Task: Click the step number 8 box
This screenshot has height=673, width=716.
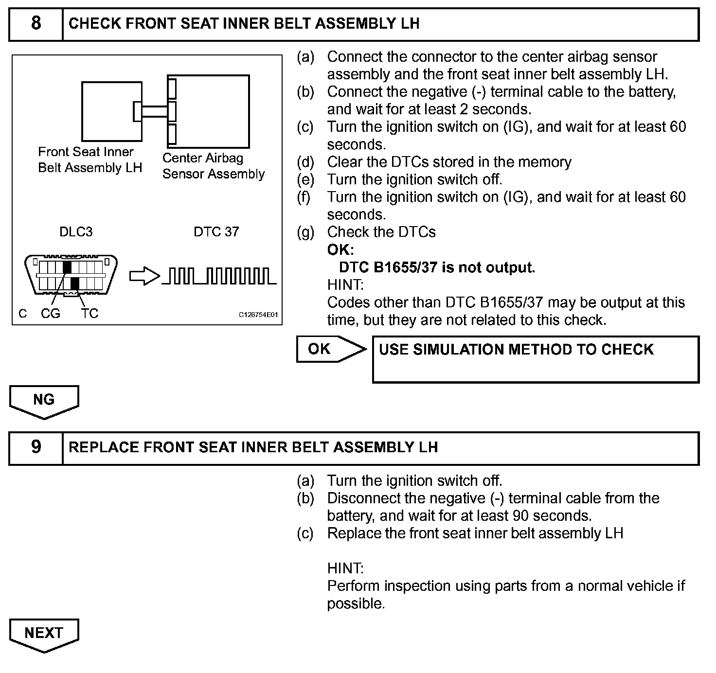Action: pos(36,23)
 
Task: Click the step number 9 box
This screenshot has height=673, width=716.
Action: pos(36,447)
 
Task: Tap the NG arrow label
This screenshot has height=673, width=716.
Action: pos(44,400)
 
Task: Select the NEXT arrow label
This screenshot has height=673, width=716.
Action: pos(44,633)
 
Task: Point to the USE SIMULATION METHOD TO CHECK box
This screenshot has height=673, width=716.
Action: pos(535,359)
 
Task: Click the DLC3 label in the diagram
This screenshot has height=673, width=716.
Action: pos(76,232)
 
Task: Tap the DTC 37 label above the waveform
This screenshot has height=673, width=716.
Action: pos(216,232)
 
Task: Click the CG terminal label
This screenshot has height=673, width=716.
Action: pos(51,314)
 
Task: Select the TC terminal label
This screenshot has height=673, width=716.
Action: pos(90,314)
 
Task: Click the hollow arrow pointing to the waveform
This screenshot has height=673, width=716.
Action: pos(144,277)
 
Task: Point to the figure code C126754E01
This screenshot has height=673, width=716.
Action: pos(258,315)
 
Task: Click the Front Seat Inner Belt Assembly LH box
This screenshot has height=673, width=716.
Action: pos(111,111)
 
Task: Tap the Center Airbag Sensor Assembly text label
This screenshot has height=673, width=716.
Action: pos(214,166)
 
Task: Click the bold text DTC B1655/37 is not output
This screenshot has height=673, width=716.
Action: pos(437,267)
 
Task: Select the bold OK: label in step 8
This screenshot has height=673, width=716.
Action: pos(340,250)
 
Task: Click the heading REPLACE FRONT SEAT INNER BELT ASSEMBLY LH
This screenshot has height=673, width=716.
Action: pos(253,447)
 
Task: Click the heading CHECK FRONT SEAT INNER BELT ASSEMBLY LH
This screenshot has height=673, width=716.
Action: pos(244,23)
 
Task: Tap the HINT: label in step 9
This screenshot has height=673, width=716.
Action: pos(345,568)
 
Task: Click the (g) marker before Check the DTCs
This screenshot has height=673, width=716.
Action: pos(305,232)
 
